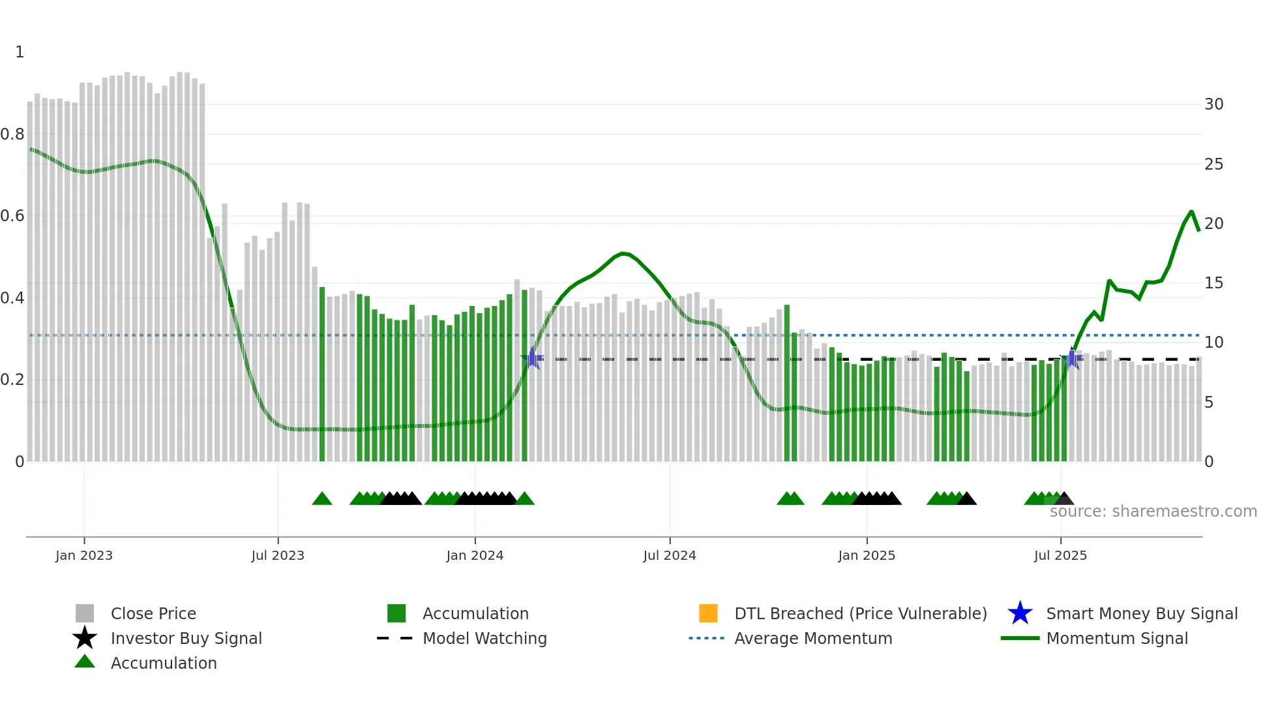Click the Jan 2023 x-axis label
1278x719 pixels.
point(83,555)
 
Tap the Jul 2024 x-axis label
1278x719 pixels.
point(669,555)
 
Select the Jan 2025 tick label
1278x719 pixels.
point(866,555)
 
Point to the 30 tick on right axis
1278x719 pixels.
point(1213,104)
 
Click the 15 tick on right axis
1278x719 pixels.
point(1213,283)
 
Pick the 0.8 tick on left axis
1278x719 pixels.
point(12,134)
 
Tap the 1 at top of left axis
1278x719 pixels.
point(20,52)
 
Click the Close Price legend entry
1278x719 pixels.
point(153,613)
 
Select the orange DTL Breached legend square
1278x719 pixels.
point(707,613)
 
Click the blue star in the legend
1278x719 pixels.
point(1020,613)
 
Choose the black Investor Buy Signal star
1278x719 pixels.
point(85,638)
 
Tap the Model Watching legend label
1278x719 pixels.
point(484,638)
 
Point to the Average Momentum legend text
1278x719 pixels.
point(812,638)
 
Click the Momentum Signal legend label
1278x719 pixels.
point(1116,638)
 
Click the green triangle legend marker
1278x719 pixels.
point(85,662)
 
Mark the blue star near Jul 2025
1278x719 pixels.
point(1071,358)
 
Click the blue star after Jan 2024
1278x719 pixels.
point(532,358)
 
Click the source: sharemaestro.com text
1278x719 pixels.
point(1153,512)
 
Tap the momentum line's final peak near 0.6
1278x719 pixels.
point(1191,211)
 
